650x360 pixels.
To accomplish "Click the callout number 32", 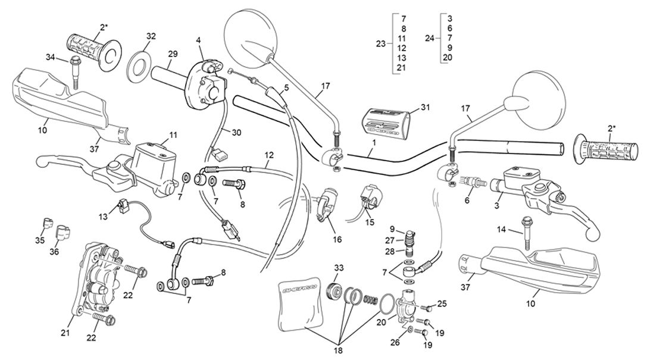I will click(151, 36).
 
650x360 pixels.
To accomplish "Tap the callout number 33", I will click(338, 267).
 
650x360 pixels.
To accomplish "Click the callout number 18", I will click(339, 351).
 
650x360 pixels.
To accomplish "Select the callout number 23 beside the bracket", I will click(381, 43).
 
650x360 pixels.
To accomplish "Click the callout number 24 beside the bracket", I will click(429, 38).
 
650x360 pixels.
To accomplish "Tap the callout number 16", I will click(337, 240).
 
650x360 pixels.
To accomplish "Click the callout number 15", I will click(370, 222).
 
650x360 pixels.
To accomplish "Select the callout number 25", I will click(442, 303).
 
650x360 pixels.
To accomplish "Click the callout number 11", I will click(173, 135).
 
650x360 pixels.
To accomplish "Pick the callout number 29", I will click(172, 54).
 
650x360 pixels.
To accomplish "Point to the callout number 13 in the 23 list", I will click(402, 58).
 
